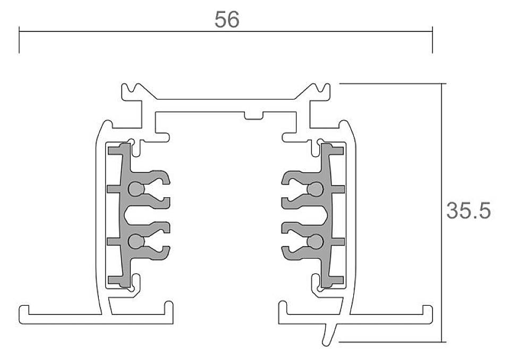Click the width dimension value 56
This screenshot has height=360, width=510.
coord(227,20)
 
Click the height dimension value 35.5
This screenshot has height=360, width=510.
coord(467,211)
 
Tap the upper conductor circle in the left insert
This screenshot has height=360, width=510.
coord(136,188)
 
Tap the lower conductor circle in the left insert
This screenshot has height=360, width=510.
coord(136,242)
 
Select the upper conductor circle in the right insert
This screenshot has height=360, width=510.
coord(316,188)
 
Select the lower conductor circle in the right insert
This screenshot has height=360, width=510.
coord(316,242)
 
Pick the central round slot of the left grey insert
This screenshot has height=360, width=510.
coord(132,215)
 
